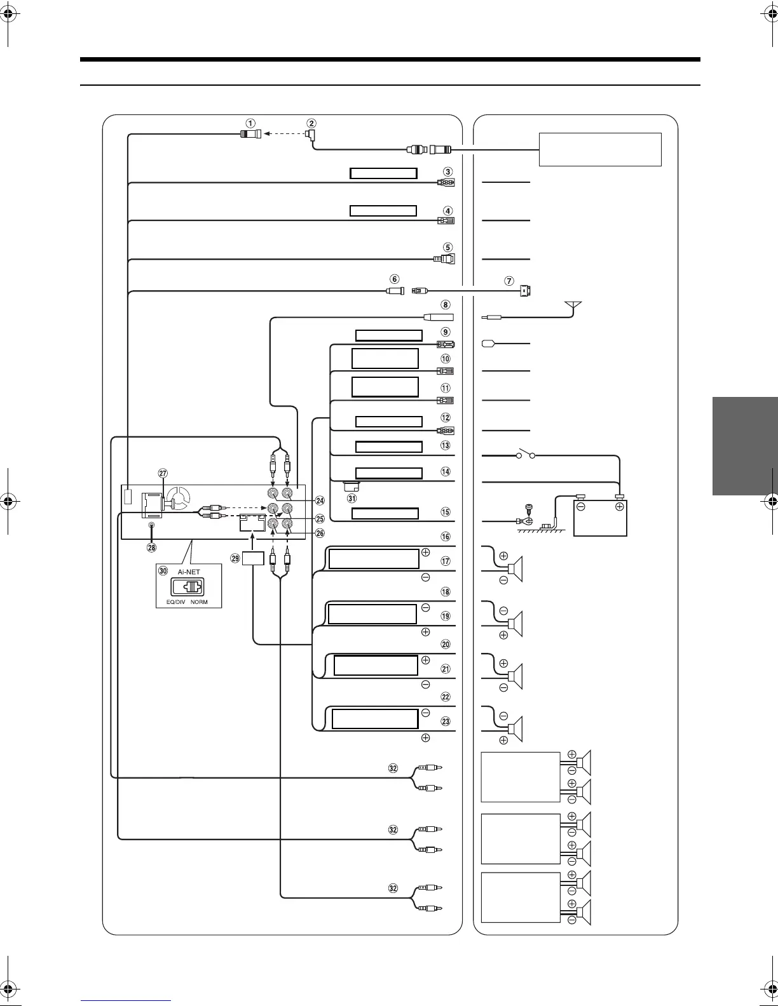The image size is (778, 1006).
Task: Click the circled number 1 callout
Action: coord(251,123)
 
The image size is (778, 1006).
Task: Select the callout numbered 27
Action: coord(163,473)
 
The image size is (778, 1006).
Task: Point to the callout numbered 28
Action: coord(151,547)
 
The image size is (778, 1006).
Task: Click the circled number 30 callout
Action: coord(163,572)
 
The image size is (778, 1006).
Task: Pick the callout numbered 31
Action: coord(351,498)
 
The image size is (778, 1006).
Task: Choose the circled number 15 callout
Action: coord(446,512)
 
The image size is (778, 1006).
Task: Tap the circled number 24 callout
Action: coord(320,500)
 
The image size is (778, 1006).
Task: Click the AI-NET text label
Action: coord(189,572)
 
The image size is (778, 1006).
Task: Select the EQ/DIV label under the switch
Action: coord(170,602)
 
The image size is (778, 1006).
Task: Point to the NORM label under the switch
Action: coord(199,602)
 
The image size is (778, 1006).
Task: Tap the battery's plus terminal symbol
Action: coord(619,507)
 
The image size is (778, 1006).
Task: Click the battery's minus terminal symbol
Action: coord(581,507)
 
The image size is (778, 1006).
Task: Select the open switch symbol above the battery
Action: coord(527,455)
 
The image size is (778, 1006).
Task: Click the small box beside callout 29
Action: coord(253,558)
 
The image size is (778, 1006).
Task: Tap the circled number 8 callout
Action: coord(446,305)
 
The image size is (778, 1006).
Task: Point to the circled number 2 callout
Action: coord(311,123)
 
